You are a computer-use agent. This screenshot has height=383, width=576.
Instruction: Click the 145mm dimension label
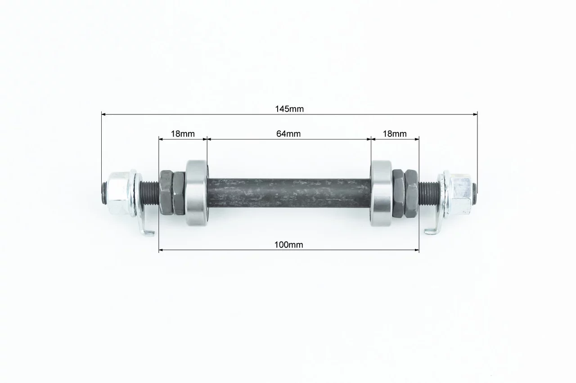click(289, 109)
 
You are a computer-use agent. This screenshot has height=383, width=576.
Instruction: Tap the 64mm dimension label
click(288, 134)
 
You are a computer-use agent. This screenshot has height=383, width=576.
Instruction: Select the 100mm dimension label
click(288, 245)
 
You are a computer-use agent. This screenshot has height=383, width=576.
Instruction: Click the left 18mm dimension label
click(183, 134)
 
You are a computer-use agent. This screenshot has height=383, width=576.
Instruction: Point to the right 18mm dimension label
click(395, 134)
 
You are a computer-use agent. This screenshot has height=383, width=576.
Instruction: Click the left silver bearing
click(197, 193)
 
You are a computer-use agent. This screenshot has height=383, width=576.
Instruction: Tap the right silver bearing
click(381, 193)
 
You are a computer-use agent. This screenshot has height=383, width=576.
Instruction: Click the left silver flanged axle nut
click(120, 193)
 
